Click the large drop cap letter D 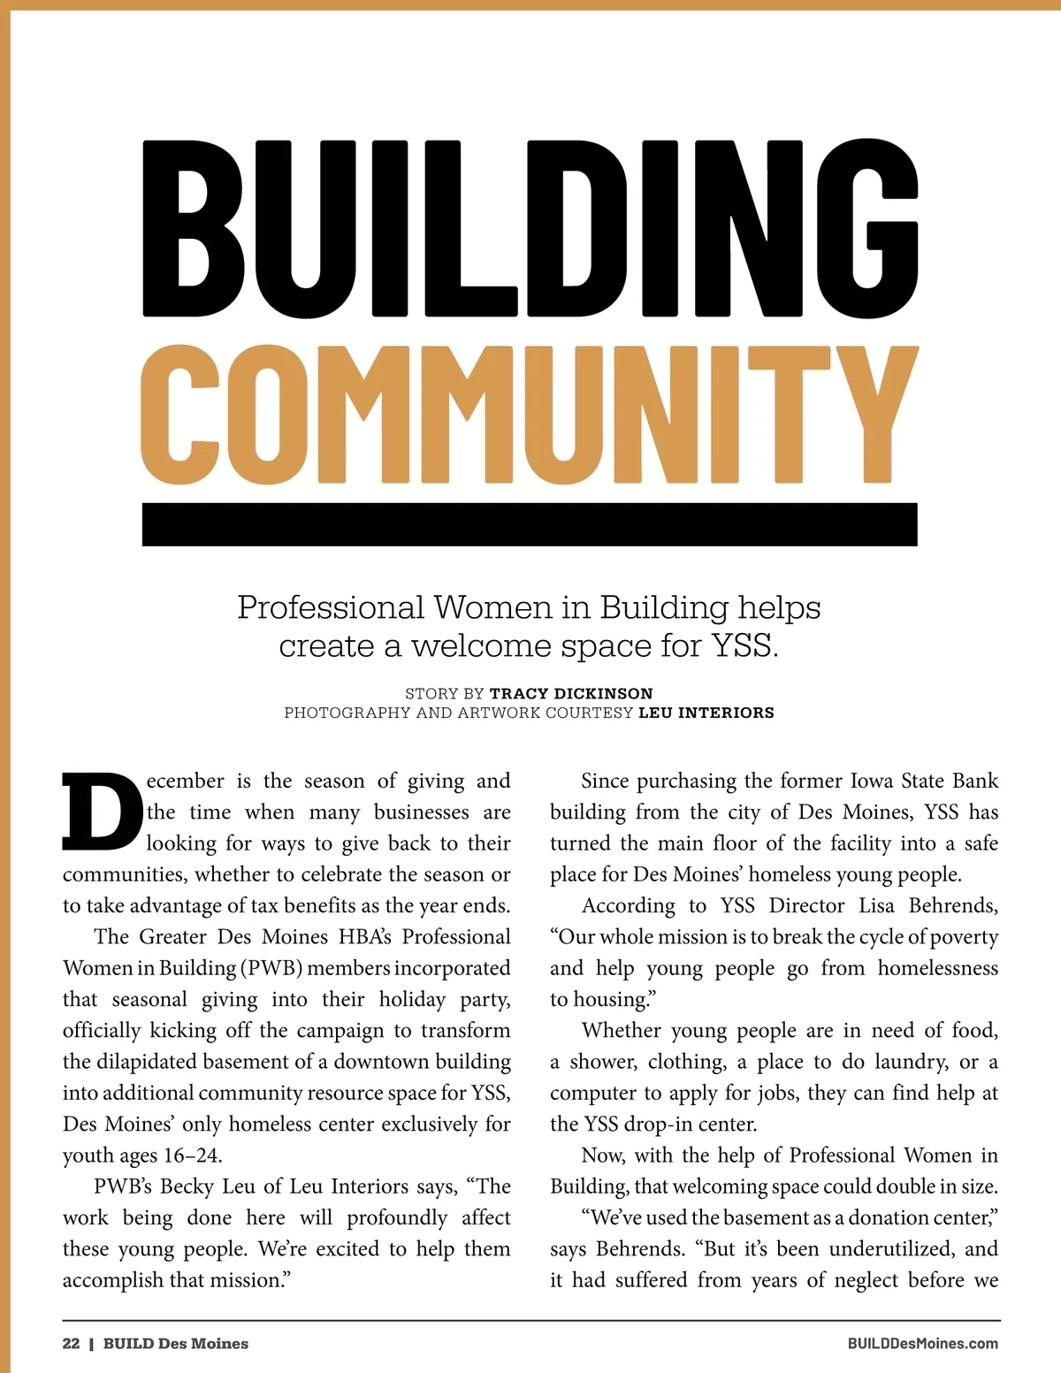(102, 812)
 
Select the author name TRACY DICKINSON (571, 693)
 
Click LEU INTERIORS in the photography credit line (706, 713)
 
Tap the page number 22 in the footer (71, 1343)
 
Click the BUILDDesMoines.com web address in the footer (922, 1343)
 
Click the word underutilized (892, 1249)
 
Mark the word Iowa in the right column (872, 781)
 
